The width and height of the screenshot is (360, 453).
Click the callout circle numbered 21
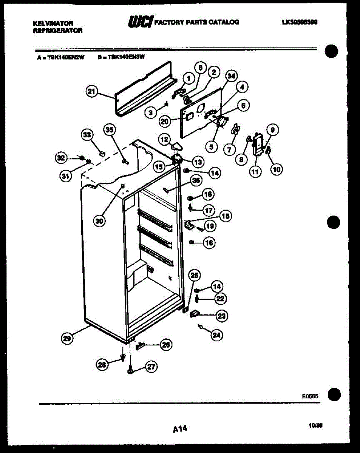tap(92, 91)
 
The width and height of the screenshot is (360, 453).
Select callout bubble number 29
tap(67, 339)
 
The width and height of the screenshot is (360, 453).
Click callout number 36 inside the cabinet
tap(195, 181)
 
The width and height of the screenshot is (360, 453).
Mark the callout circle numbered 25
tap(194, 275)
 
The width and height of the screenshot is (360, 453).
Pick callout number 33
tap(87, 134)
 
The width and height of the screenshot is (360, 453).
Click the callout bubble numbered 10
tap(277, 169)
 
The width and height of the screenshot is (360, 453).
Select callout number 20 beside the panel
tap(164, 121)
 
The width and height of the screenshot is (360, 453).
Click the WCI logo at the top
tap(141, 22)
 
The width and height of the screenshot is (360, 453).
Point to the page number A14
tap(180, 428)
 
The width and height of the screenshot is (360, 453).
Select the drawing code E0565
tap(310, 396)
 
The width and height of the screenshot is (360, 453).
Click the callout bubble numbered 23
tap(222, 316)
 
